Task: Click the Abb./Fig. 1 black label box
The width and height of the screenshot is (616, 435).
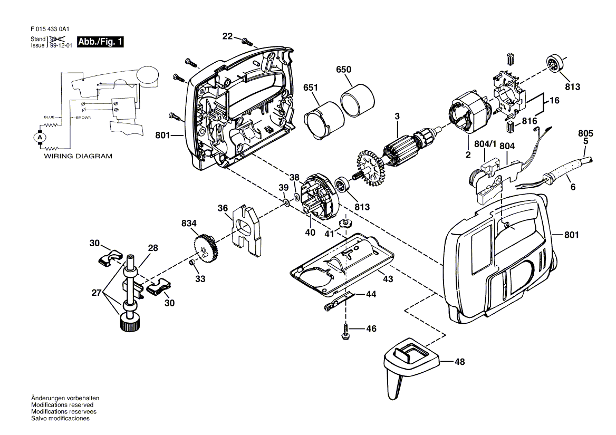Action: point(100,42)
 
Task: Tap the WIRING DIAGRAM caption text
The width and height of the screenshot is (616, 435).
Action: point(78,156)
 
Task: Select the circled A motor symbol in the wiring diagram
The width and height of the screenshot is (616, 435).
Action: point(39,138)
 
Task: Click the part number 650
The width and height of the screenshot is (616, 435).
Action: point(343,70)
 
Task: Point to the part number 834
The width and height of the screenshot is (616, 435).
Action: point(189,224)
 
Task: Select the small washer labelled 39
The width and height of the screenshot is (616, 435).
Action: point(286,203)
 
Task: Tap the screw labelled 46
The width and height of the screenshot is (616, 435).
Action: point(346,331)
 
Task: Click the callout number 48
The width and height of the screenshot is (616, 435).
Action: point(460,362)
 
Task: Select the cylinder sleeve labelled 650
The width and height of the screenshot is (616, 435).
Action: point(358,101)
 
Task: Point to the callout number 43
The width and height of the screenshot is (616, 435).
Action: point(388,279)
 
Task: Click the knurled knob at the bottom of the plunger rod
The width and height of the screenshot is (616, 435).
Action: point(129,322)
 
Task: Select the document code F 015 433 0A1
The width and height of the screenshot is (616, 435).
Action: point(50,29)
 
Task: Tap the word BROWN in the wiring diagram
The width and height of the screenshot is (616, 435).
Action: point(83,118)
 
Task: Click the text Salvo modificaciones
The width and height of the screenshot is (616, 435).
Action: point(60,419)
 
